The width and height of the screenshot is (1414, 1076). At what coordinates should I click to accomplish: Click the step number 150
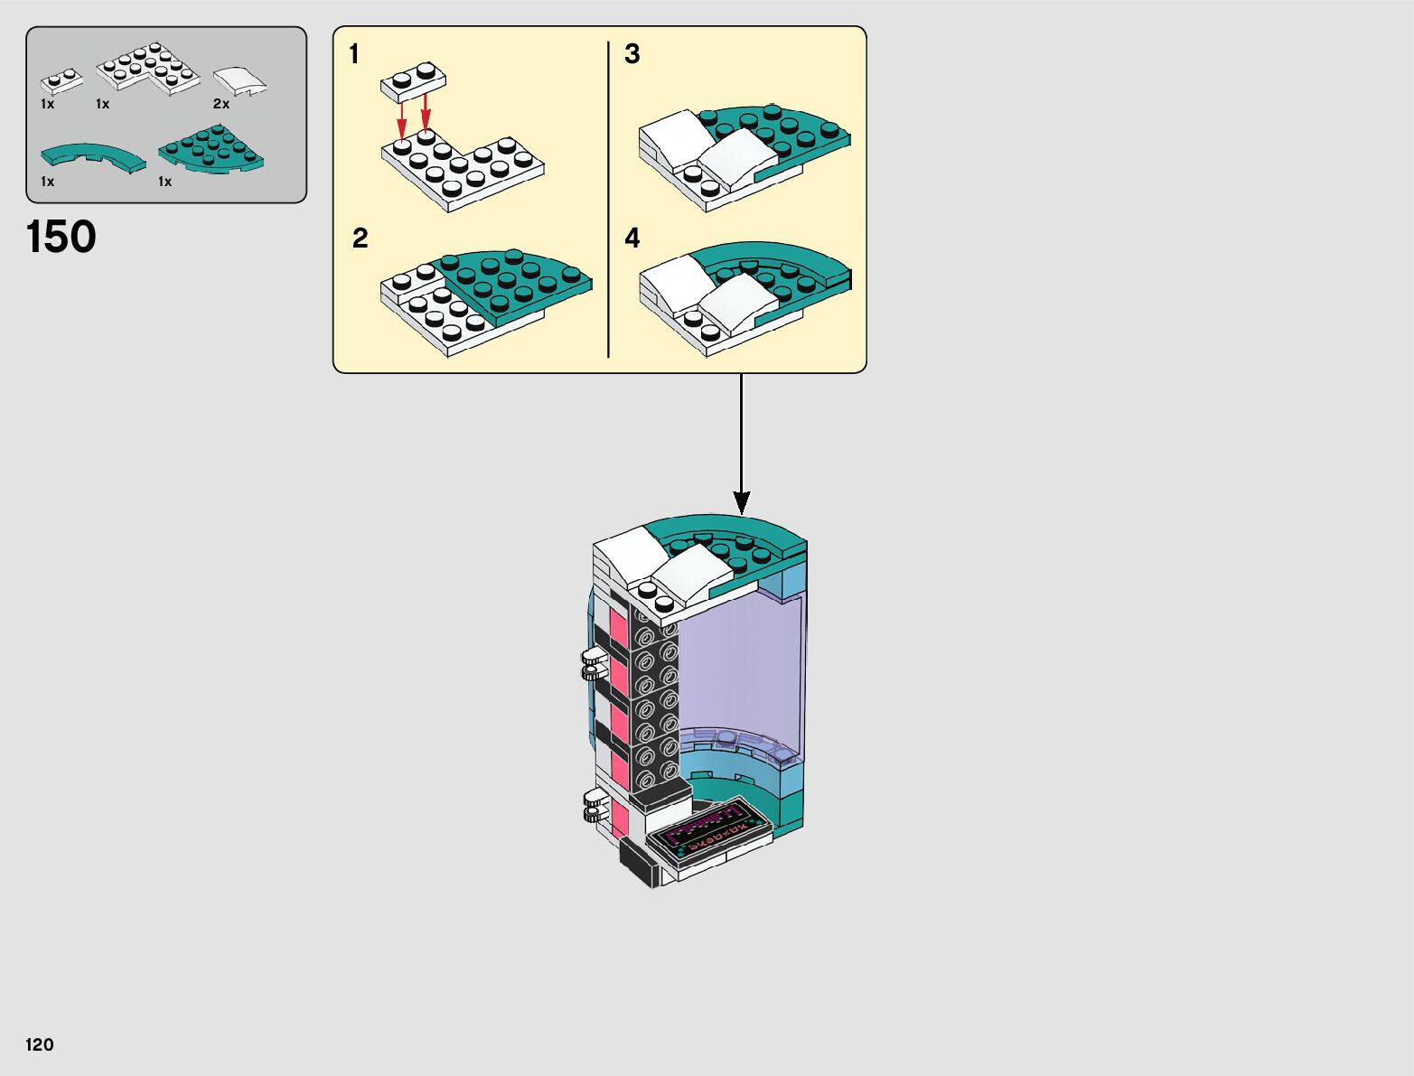pos(61,238)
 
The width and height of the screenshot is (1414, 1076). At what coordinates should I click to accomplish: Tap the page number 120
pos(40,1044)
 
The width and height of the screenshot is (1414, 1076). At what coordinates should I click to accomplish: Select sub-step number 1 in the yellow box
pos(354,55)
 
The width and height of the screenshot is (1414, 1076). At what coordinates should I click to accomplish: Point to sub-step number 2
pos(360,239)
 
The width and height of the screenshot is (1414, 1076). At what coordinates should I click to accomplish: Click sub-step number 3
pos(632,55)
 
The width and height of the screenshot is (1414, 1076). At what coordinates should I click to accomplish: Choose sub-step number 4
pos(632,239)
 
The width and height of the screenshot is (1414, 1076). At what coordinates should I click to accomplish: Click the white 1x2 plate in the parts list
pos(60,82)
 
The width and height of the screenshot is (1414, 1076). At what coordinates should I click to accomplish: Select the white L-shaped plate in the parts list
pos(149,69)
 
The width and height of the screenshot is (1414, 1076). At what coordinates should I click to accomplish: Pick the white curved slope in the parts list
pos(240,80)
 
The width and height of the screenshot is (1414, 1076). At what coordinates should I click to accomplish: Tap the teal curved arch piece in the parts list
pos(92,155)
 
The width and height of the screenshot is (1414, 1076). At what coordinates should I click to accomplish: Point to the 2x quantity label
pos(221,104)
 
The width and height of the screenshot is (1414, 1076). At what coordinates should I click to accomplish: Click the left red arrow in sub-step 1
pos(402,118)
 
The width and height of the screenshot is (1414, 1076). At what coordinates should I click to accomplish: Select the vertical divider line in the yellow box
pos(609,199)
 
